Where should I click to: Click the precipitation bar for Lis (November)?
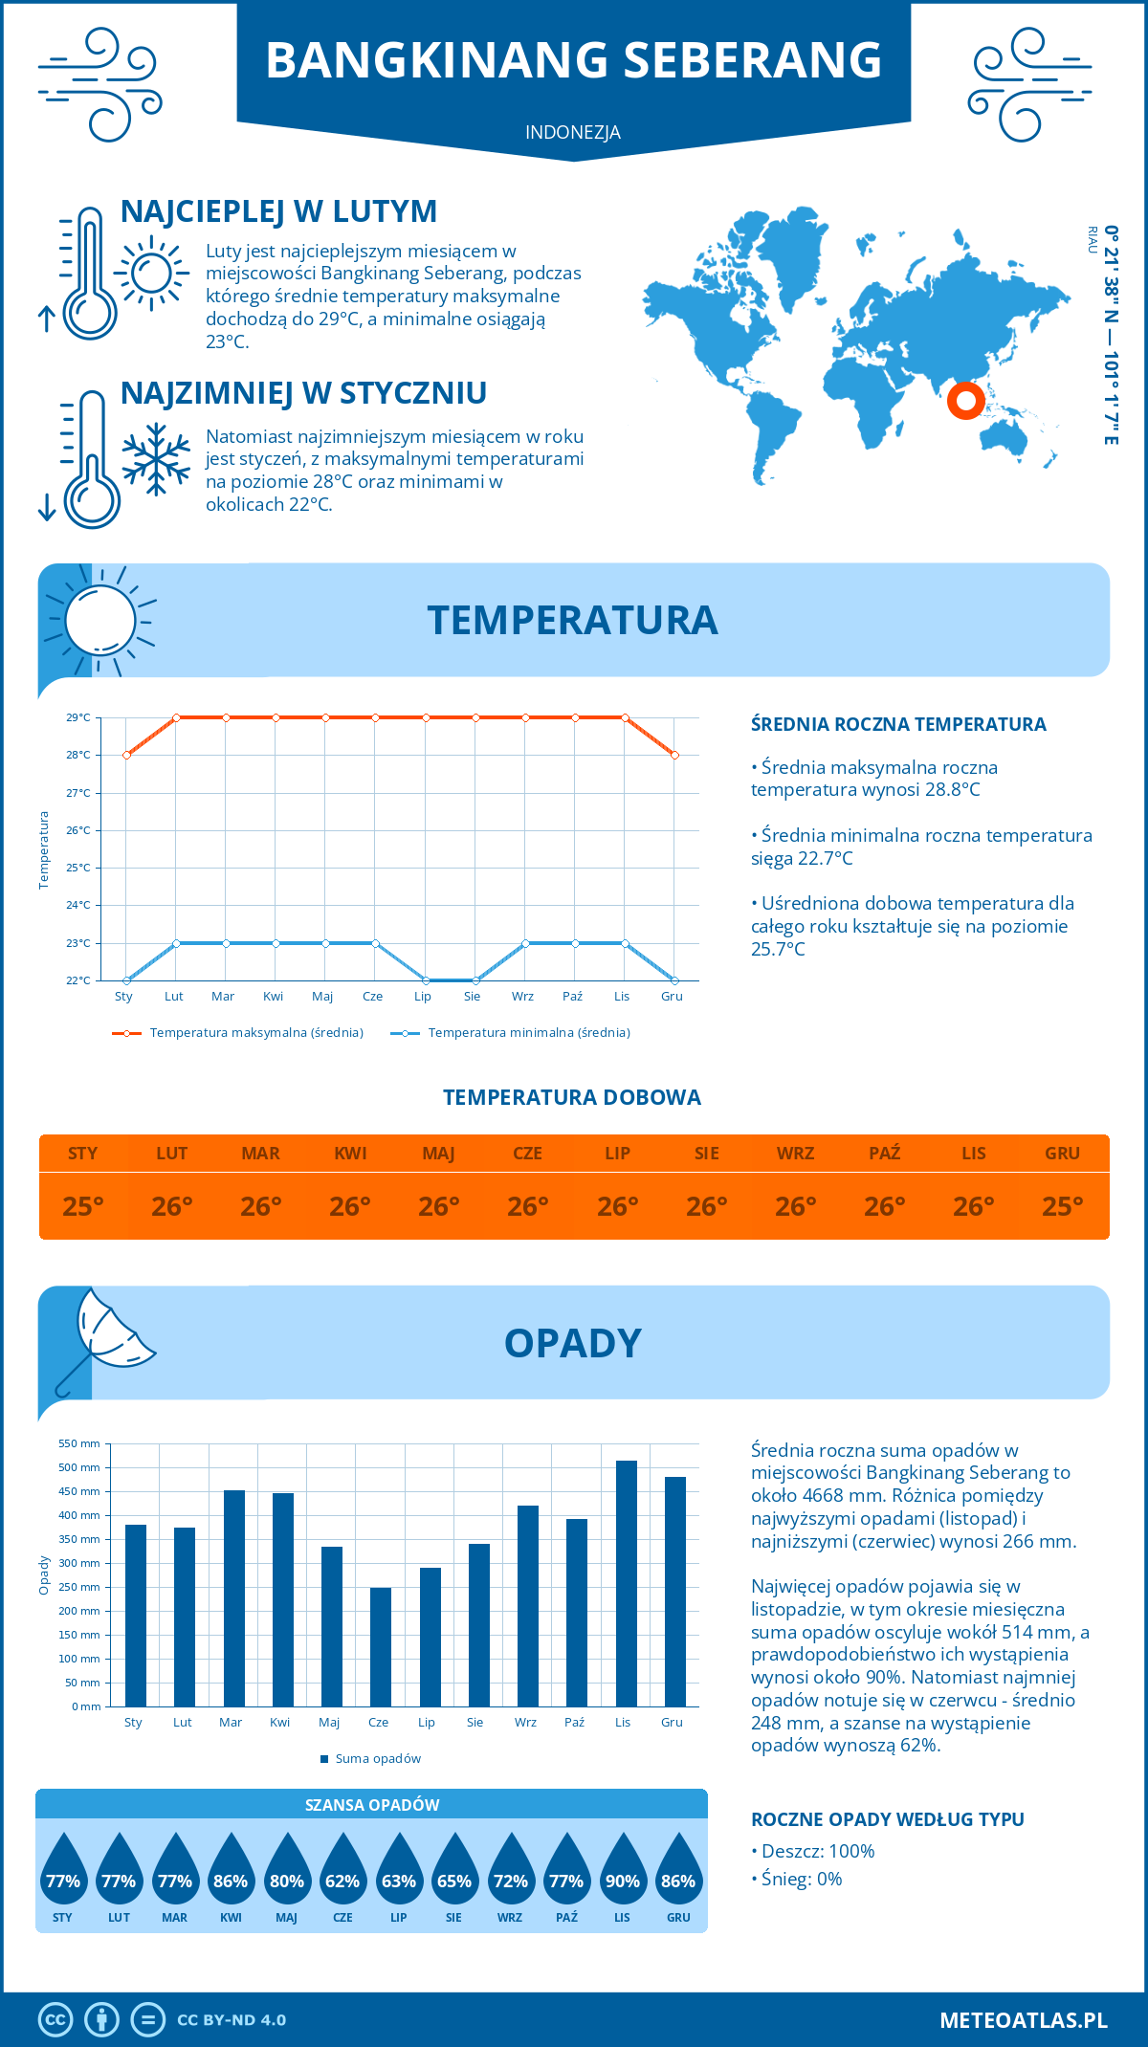[626, 1583]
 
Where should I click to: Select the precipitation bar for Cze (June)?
[381, 1646]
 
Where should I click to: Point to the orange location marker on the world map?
[966, 400]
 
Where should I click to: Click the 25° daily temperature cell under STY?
[83, 1206]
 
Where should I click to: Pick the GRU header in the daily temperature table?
[1062, 1154]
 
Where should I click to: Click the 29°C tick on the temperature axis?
[78, 717]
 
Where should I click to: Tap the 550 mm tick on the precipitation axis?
[79, 1443]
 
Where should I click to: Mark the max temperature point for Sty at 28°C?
[126, 755]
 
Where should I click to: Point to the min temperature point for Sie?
[475, 980]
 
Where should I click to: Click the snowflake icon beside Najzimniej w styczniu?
[156, 459]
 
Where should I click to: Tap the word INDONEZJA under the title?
[573, 132]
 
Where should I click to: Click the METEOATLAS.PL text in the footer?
[1024, 2020]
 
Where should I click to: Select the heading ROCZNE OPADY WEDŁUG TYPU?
[887, 1819]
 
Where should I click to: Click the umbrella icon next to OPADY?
[104, 1339]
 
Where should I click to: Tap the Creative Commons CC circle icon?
[55, 2020]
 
